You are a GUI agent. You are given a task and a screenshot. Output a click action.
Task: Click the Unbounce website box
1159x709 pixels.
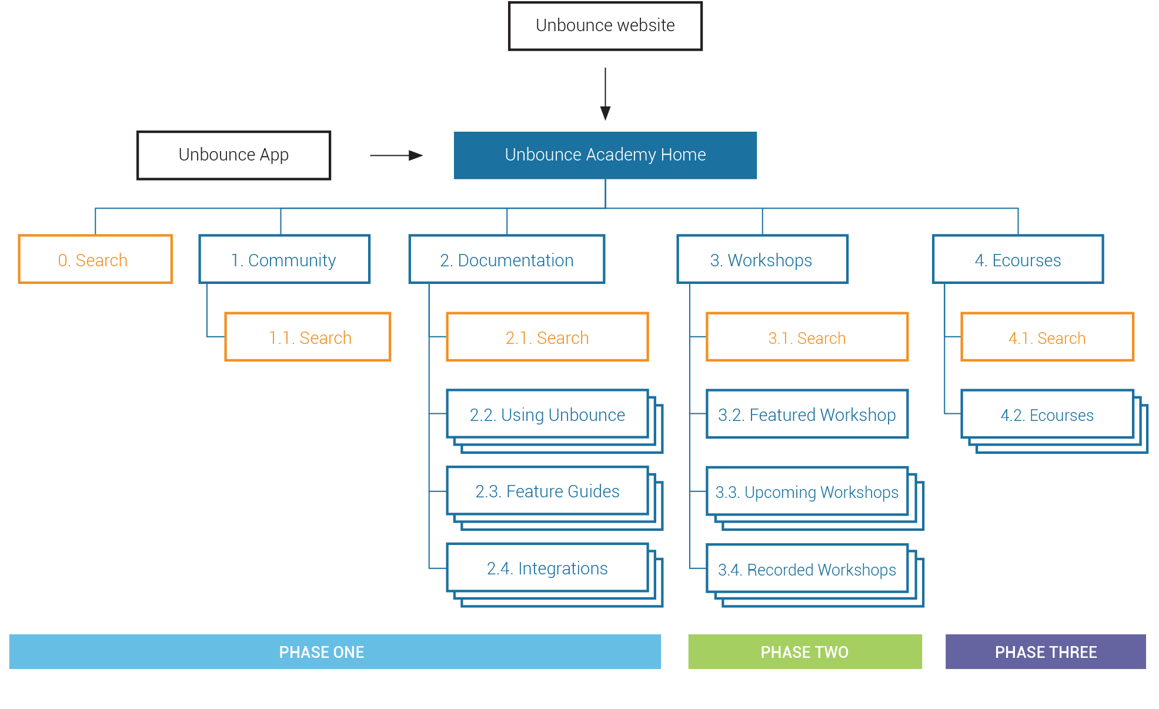click(x=605, y=26)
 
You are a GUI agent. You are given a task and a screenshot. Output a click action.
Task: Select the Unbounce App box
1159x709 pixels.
click(x=233, y=155)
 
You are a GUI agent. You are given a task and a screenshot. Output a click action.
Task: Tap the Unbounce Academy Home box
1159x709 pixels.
click(x=605, y=155)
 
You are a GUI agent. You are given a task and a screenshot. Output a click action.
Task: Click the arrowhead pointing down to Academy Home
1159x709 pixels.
click(x=605, y=112)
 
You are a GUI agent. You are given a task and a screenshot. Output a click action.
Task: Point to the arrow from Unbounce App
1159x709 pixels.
click(x=396, y=155)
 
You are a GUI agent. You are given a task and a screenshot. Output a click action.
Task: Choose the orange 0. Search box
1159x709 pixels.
click(x=95, y=259)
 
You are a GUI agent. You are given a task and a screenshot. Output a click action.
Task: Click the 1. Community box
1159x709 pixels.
click(x=284, y=259)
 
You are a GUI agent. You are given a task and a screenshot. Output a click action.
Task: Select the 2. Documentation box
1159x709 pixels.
click(x=506, y=259)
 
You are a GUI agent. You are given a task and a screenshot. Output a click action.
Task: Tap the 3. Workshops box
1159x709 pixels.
click(x=762, y=259)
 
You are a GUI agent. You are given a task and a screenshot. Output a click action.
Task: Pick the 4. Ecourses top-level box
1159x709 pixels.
click(x=1017, y=259)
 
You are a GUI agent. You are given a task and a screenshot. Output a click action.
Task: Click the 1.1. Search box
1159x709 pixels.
click(x=308, y=337)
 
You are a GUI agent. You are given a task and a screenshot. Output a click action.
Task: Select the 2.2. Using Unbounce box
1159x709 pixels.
click(x=547, y=414)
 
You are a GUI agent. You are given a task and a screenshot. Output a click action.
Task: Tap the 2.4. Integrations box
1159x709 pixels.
click(x=547, y=568)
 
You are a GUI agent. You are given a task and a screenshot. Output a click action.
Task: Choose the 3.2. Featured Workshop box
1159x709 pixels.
click(x=807, y=414)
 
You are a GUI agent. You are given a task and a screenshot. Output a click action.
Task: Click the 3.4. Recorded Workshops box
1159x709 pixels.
click(x=807, y=569)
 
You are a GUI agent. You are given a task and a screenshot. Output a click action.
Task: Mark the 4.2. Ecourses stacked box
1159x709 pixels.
click(x=1047, y=414)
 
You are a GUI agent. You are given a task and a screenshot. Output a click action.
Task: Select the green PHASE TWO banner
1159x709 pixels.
click(x=804, y=651)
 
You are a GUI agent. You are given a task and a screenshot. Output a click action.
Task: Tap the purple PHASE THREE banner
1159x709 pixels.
click(x=1045, y=651)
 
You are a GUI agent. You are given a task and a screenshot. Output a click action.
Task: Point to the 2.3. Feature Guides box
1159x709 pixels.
click(x=547, y=491)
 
